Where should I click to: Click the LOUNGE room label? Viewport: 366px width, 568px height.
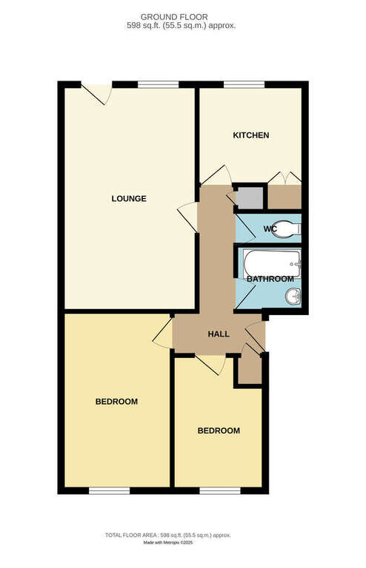coord(129,198)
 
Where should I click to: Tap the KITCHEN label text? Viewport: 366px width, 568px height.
coord(250,135)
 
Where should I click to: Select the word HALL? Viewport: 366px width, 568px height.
coord(219,334)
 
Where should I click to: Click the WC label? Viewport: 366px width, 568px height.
coord(270,229)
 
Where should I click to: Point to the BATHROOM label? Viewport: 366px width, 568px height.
coord(270,279)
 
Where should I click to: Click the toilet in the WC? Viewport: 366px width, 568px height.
coord(286,229)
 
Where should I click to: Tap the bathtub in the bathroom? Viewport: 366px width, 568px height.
coord(272,263)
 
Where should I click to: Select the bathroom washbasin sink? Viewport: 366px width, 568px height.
coord(293,297)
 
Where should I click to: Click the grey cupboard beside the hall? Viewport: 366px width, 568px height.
coord(249,197)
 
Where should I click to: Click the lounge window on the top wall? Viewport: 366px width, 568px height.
coord(159,85)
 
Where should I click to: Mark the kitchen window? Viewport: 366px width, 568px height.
coord(244,85)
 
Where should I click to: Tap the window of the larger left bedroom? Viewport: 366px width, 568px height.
coord(109,490)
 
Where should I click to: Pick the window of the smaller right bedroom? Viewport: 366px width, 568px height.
coord(220,490)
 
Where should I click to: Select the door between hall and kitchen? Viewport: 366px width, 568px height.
coord(216,176)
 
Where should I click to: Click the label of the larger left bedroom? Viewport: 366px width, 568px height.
coord(116,402)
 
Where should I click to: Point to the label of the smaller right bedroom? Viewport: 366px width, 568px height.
coord(219,430)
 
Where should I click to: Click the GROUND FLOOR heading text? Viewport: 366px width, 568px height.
coord(174,17)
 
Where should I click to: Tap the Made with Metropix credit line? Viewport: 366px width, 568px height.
coord(168,543)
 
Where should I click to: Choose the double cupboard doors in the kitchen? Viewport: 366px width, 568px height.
coord(285,177)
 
